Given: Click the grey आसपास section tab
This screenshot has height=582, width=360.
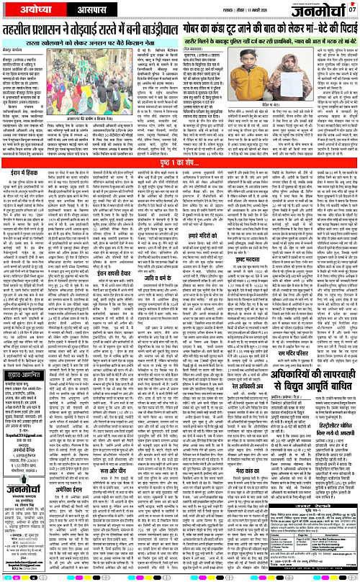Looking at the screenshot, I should click(x=64, y=12).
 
